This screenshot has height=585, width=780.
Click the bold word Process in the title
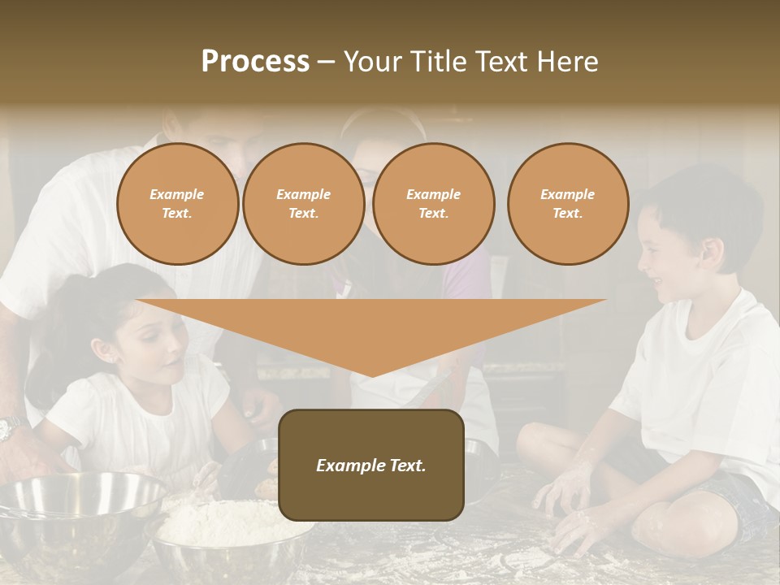pyautogui.click(x=255, y=62)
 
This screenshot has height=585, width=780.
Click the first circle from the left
pyautogui.click(x=177, y=204)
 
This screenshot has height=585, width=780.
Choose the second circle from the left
pyautogui.click(x=303, y=204)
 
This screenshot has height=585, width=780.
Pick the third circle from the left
pyautogui.click(x=433, y=204)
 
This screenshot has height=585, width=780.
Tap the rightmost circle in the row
pyautogui.click(x=567, y=204)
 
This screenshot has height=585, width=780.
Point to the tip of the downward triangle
pyautogui.click(x=371, y=375)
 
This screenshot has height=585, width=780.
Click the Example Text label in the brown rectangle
pyautogui.click(x=371, y=466)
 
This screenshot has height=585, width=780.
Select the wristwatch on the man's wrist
pyautogui.click(x=10, y=427)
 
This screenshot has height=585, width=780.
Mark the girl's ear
pyautogui.click(x=106, y=351)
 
